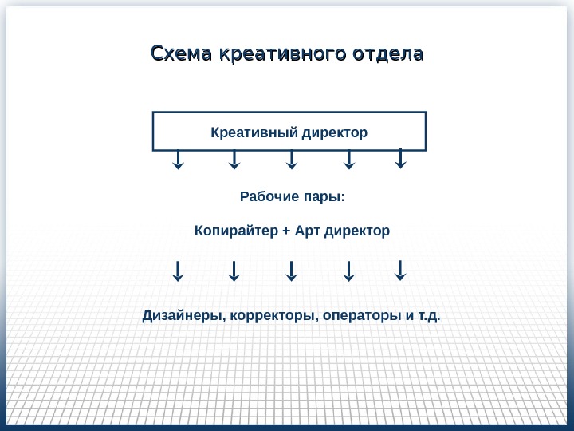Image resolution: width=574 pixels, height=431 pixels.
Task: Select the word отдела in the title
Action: pos(390,54)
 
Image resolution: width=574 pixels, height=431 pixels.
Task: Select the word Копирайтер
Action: pos(236,231)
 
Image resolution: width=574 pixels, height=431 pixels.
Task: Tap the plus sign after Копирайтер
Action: pos(286,231)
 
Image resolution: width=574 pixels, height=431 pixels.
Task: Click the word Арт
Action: pos(307,231)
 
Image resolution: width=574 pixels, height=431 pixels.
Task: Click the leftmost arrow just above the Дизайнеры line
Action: pos(178,271)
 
